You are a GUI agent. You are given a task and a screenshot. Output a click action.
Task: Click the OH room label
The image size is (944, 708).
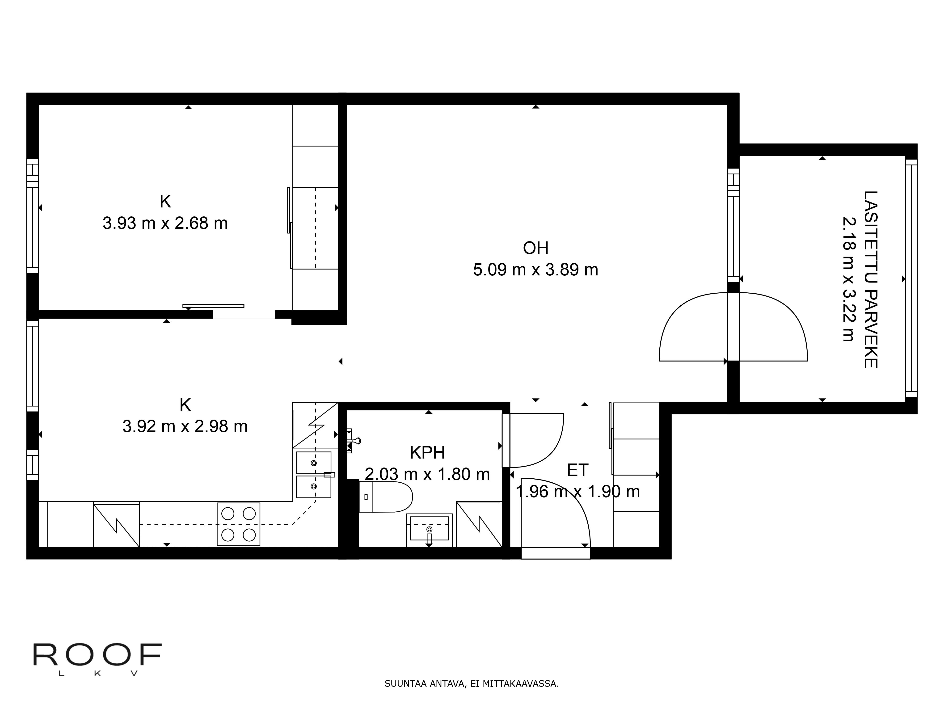click(x=535, y=248)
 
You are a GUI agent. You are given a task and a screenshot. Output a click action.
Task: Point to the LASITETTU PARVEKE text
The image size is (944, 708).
click(x=871, y=279)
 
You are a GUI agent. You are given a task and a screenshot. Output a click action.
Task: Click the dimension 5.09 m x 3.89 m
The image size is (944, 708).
click(x=535, y=270)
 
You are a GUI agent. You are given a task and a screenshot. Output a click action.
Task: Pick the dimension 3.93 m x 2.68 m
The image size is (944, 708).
click(x=165, y=223)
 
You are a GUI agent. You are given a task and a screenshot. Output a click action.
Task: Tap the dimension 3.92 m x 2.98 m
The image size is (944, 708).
click(x=185, y=426)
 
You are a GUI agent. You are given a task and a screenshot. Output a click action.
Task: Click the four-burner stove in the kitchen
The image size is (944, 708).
click(x=239, y=524)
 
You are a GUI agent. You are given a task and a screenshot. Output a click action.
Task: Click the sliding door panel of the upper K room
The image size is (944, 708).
click(x=213, y=306)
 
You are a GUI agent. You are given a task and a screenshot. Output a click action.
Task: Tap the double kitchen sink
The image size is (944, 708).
click(x=314, y=475)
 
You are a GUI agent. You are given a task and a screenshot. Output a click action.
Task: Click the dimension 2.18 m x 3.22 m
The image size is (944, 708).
click(x=849, y=279)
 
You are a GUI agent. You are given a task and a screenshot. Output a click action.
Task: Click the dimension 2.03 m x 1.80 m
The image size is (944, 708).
click(x=427, y=474)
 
